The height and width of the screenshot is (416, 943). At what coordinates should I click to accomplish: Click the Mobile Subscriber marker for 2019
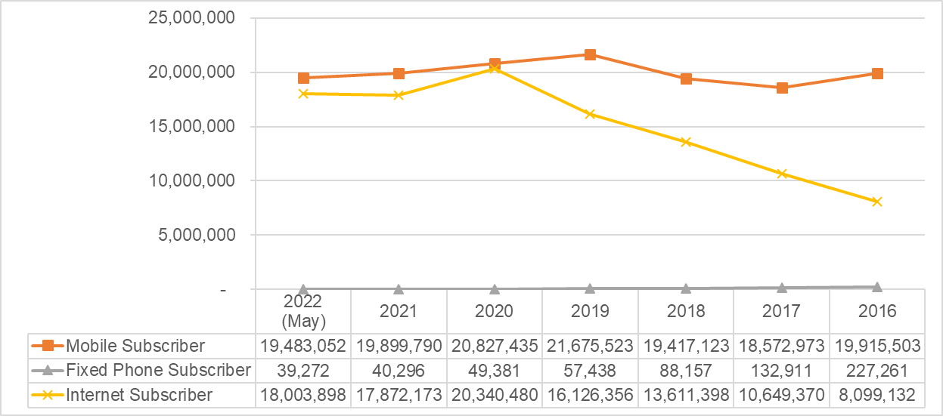point(590,54)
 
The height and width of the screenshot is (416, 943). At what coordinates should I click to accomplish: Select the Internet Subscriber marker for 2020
point(495,69)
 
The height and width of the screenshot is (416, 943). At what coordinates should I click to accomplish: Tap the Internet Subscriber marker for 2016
point(877,202)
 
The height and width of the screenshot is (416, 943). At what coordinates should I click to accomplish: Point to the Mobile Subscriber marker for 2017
point(782,88)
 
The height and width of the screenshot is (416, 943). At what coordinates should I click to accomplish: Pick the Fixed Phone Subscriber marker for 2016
point(877,287)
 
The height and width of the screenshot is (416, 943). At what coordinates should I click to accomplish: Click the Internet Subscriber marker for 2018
point(686,142)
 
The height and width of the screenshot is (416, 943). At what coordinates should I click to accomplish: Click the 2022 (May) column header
point(303,311)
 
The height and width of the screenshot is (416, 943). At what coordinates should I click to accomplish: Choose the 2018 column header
point(686,311)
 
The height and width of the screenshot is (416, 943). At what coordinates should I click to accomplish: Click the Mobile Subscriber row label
point(135,346)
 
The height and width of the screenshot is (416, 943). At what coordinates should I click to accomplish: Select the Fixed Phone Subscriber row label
point(158,370)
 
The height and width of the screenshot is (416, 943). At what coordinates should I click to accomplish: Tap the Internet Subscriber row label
point(139,394)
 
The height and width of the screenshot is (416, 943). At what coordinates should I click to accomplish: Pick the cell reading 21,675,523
point(590,346)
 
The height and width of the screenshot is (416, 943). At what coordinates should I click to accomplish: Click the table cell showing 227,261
point(877,370)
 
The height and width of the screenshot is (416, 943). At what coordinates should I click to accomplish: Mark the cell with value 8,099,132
point(877,394)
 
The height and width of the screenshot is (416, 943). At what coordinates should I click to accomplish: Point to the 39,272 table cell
point(303,370)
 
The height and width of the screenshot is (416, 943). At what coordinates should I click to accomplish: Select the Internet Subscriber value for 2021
point(399,394)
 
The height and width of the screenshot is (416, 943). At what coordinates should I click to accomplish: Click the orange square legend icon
point(48,346)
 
